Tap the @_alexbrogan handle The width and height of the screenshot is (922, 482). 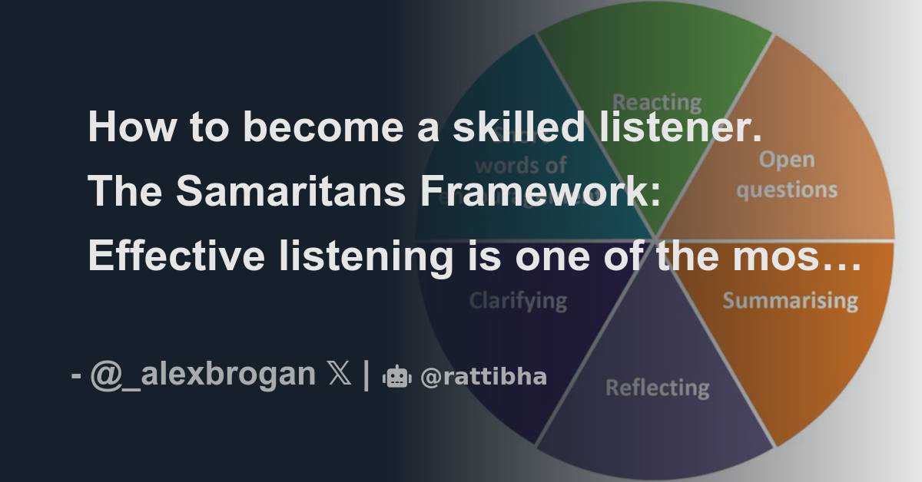(203, 375)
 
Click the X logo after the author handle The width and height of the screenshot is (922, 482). (339, 375)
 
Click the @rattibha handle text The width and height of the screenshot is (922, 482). (484, 376)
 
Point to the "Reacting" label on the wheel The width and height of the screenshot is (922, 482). (656, 101)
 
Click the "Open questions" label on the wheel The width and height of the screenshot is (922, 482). (786, 175)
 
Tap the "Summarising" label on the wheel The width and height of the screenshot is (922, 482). (790, 300)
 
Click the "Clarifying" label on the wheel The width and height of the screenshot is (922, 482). (518, 300)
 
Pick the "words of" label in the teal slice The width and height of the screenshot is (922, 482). (520, 164)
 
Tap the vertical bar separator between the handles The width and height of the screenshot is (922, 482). (366, 375)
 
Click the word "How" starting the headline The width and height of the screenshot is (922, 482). (123, 127)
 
